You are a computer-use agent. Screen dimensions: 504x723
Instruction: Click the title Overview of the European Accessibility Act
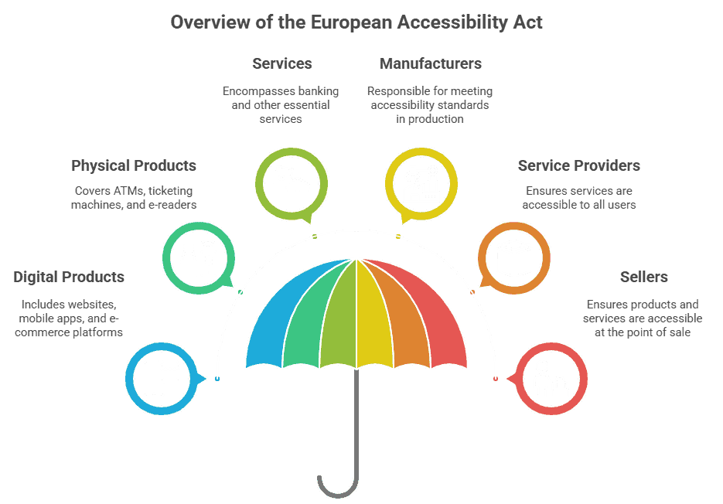[356, 22]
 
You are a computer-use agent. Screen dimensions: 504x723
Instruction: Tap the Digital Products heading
[69, 277]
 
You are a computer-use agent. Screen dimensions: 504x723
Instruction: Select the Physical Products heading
[134, 165]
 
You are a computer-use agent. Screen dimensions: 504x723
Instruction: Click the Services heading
[281, 63]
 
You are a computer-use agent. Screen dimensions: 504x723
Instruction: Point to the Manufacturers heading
[431, 63]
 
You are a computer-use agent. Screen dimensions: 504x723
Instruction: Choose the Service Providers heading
[579, 165]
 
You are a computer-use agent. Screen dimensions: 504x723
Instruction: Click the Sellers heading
[643, 277]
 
